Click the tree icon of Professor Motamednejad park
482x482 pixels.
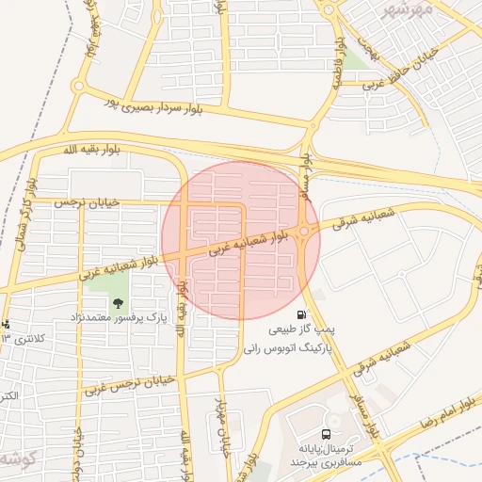tap(119, 303)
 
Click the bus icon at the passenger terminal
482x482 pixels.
tap(326, 434)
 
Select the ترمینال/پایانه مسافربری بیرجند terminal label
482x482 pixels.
tap(329, 456)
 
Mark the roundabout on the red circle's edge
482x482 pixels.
tap(306, 232)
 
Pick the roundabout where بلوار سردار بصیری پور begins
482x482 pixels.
tap(78, 88)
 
